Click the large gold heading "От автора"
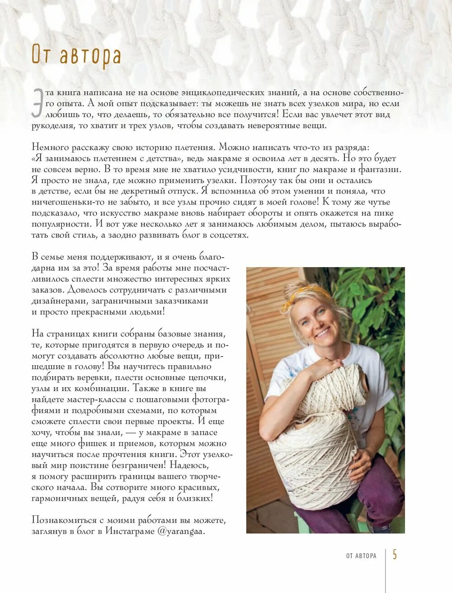(x=76, y=56)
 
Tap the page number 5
(x=395, y=554)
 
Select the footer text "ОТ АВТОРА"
(x=361, y=555)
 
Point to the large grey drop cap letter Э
(x=38, y=104)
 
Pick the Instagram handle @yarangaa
(x=181, y=531)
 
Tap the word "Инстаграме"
(x=130, y=531)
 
